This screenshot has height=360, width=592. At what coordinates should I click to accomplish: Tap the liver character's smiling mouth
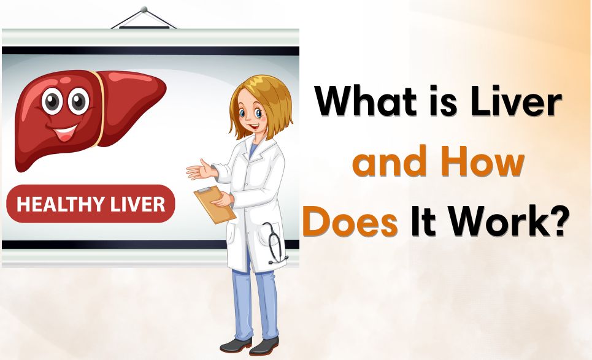65,131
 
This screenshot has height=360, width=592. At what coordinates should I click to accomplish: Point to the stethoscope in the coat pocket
275,242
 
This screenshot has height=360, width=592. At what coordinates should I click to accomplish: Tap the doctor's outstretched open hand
199,169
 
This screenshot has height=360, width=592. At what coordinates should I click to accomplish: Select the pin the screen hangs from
145,10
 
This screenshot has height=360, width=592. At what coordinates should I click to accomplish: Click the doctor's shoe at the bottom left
233,345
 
